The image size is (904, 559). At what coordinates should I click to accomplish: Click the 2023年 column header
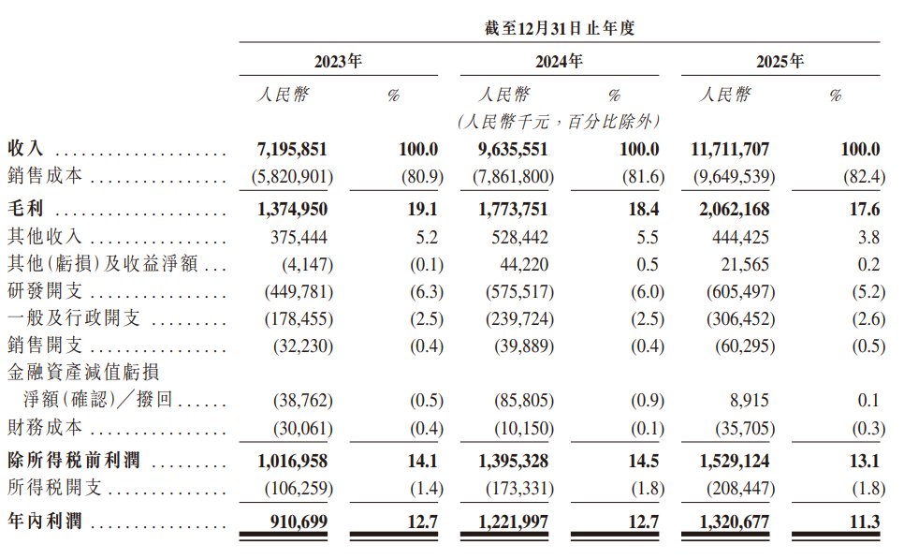coord(338,61)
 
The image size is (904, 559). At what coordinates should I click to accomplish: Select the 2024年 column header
coord(559,61)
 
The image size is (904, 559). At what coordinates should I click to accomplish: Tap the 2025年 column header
coord(780,61)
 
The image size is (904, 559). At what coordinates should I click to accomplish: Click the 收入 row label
coord(25,148)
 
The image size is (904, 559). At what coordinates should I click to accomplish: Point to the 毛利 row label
coord(25,208)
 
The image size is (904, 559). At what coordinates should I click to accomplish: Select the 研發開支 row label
coord(45,291)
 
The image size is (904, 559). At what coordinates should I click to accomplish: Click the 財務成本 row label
coord(45,428)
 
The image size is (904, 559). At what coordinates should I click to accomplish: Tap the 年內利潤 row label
coord(45,521)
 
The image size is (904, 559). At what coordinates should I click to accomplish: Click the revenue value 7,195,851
coord(292,149)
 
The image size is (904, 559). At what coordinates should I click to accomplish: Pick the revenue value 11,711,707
coord(731,149)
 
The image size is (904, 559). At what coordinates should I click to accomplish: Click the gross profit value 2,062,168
coord(735,209)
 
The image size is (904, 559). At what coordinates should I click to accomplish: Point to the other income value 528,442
coord(519,237)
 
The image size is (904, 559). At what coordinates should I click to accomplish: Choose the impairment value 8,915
coord(749,400)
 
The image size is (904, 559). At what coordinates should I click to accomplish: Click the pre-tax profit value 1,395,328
coord(513,461)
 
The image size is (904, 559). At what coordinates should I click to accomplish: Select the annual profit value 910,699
coord(299,522)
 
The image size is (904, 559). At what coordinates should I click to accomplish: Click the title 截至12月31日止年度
coord(560,28)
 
